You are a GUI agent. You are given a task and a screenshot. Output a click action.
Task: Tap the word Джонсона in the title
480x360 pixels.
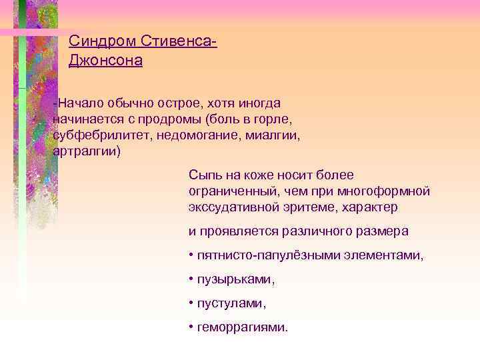[106, 61]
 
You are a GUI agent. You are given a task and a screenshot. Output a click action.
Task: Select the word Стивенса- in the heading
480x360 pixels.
[180, 41]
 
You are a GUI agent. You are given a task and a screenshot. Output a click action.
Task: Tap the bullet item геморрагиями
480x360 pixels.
[243, 327]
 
